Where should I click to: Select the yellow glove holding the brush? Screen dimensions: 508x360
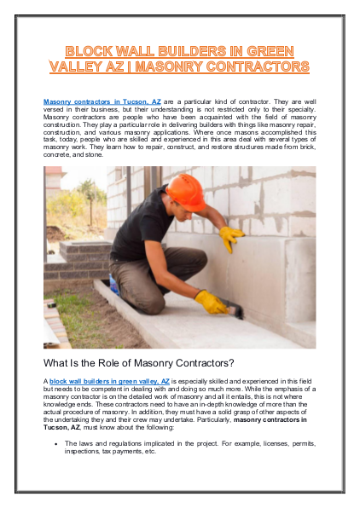(x=211, y=301)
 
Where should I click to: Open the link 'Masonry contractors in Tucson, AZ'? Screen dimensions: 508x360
(x=102, y=101)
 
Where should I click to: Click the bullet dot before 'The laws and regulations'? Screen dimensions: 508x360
(x=55, y=444)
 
